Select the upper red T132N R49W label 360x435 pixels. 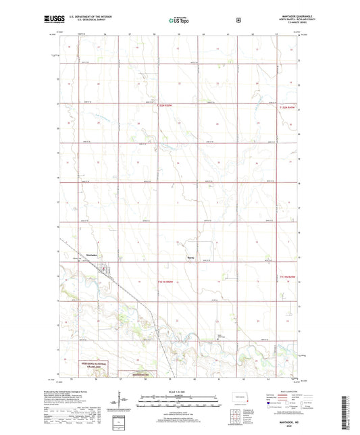[x=286, y=106]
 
